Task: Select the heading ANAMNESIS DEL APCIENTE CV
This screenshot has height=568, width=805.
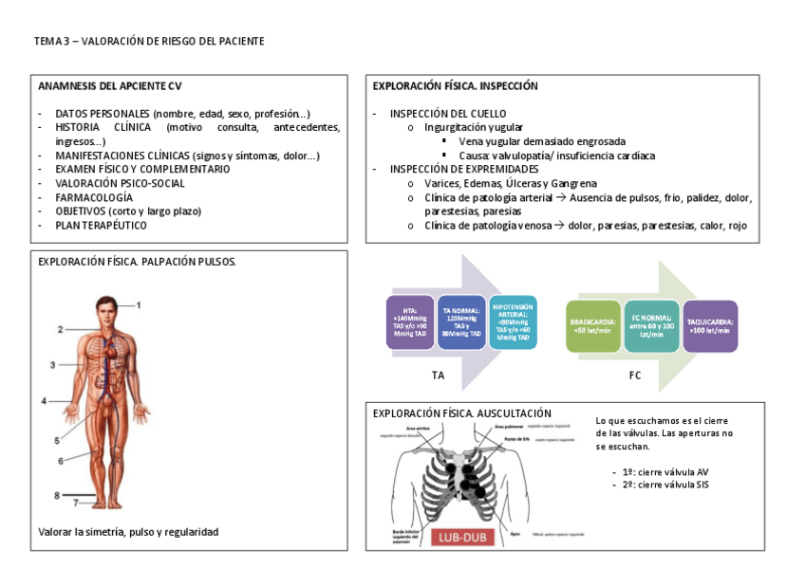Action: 109,85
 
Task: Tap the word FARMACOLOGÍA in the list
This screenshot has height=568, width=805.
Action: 94,197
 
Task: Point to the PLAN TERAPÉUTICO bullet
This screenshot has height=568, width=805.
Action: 101,226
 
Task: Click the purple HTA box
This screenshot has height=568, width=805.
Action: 410,322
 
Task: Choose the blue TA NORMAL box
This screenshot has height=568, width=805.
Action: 462,322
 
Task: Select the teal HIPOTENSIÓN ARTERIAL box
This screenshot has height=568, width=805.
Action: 514,322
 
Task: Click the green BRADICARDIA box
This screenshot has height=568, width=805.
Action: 593,326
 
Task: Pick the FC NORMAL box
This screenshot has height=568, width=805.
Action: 651,326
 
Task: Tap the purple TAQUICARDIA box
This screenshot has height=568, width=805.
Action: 710,326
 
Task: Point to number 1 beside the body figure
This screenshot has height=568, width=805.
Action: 138,304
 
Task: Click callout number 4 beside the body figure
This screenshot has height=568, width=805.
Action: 43,401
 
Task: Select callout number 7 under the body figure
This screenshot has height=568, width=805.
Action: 76,503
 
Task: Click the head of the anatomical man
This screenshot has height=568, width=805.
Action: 105,306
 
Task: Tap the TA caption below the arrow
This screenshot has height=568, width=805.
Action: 438,376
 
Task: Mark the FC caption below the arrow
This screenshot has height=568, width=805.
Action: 635,376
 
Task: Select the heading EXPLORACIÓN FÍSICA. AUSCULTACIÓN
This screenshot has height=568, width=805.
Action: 462,413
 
